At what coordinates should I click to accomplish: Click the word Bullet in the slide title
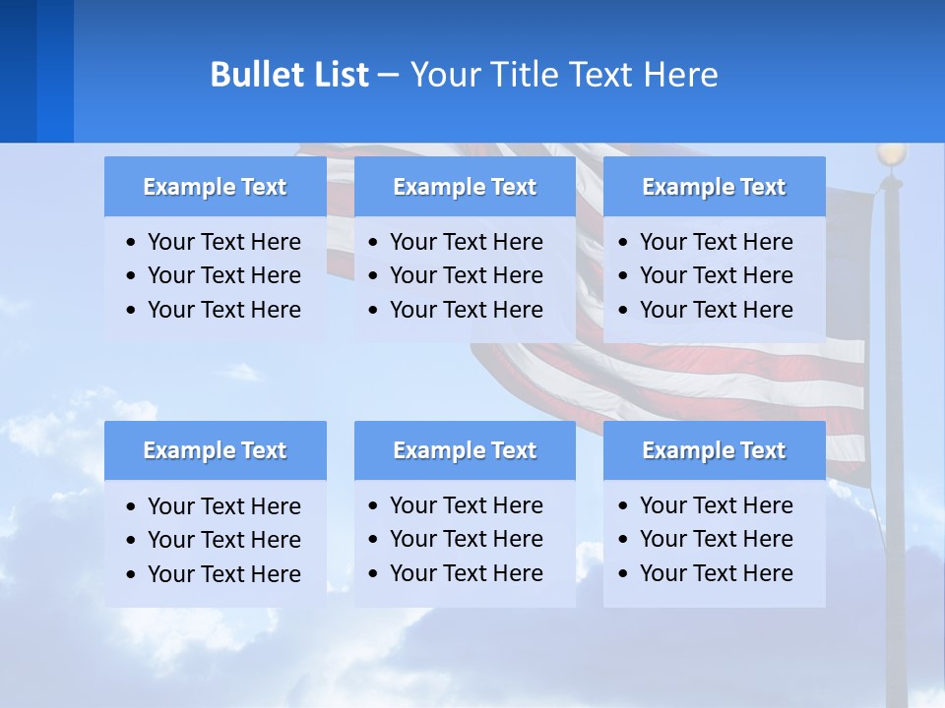coord(251,75)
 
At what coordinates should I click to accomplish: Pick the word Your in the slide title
coord(440,75)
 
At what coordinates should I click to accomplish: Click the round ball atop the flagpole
coord(891,154)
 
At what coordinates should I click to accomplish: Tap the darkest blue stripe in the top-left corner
coord(18,71)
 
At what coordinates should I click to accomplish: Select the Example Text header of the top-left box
coord(215,187)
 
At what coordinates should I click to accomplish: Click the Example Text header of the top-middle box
coord(465,187)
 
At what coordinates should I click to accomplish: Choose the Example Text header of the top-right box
coord(714,187)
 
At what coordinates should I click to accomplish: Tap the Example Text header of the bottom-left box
coord(215,450)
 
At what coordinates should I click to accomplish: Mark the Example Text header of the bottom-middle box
coord(465,450)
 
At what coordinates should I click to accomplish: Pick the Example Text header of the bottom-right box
coord(714,450)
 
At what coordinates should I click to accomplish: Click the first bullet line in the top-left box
coord(223,242)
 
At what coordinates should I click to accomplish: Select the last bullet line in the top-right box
coord(716,310)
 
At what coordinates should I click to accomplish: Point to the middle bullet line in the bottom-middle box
coord(466,539)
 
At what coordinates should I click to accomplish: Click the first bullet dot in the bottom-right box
coord(623,506)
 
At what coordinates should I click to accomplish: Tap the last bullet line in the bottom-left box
coord(223,573)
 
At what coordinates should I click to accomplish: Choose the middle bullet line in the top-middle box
coord(466,275)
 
